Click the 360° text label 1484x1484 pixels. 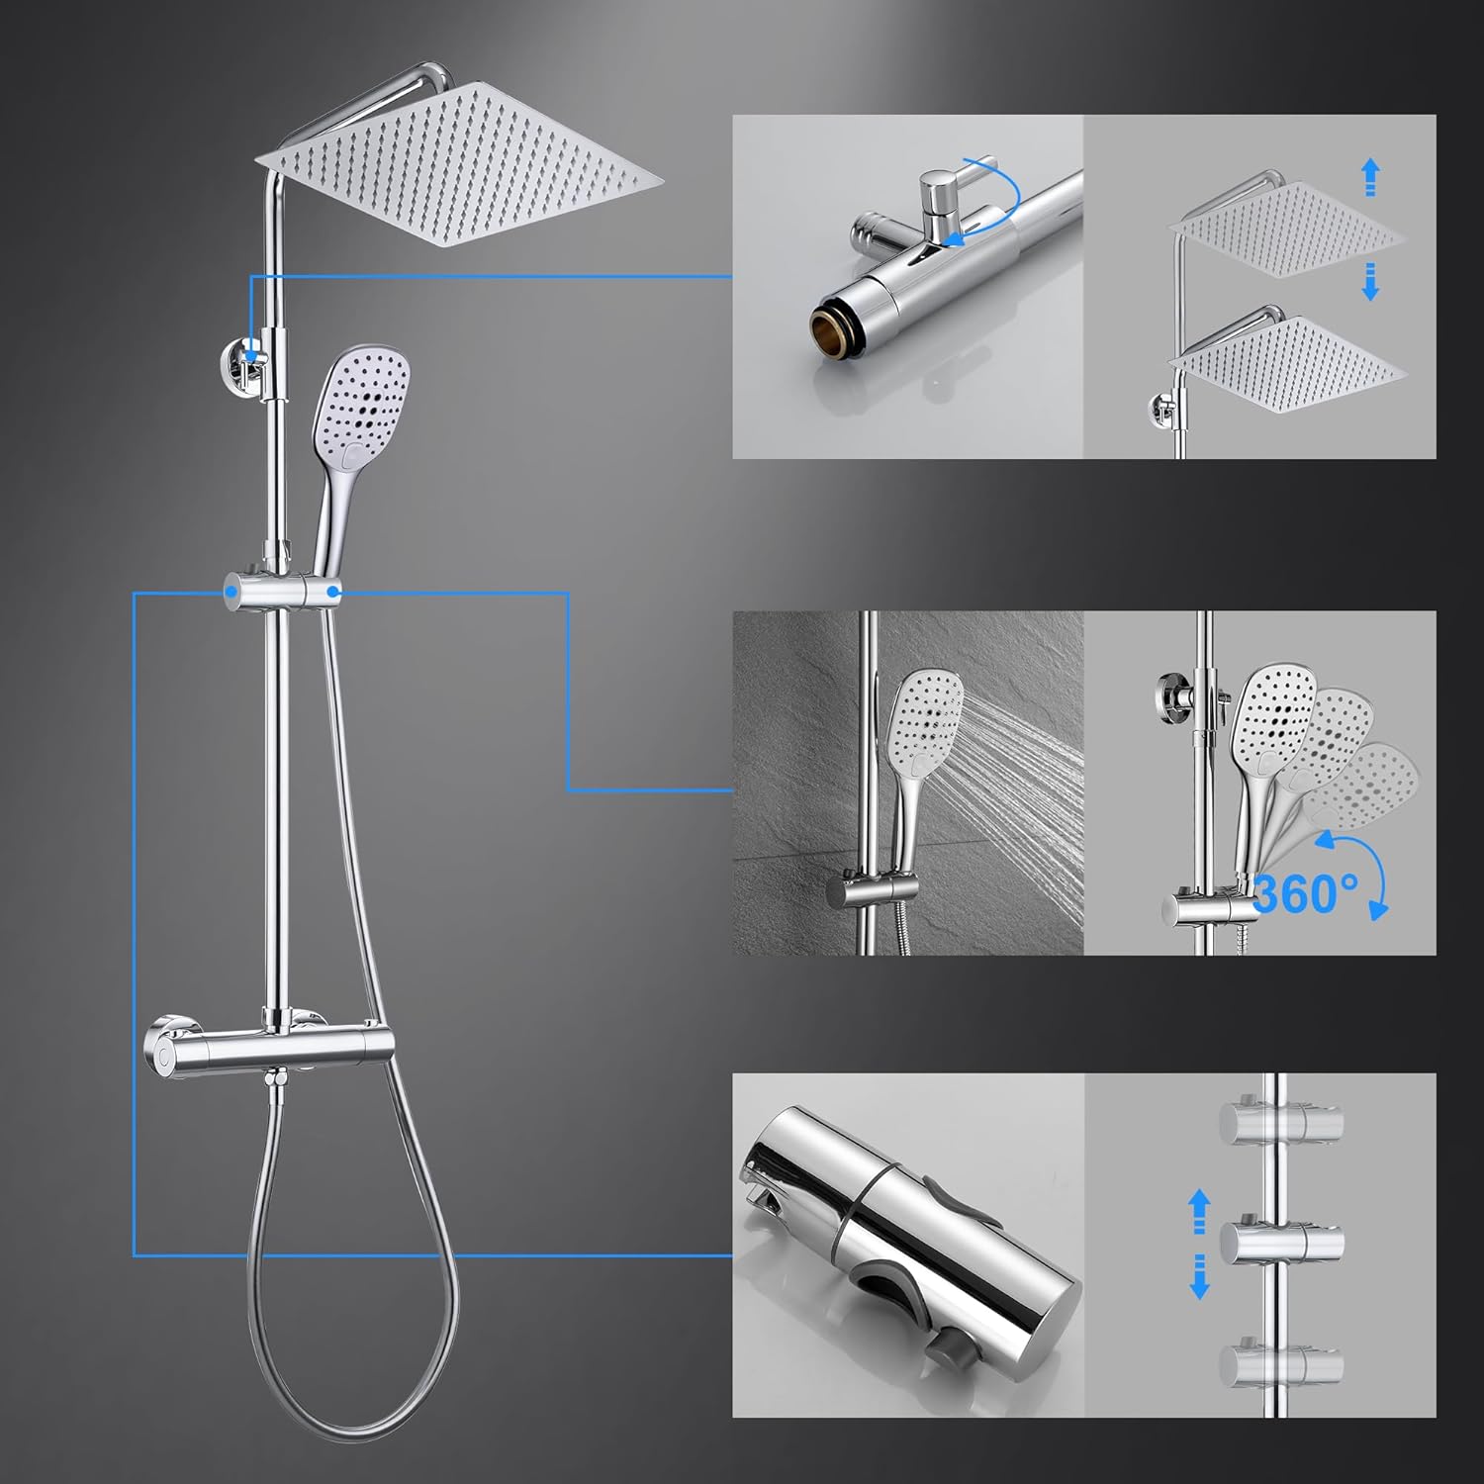click(1305, 893)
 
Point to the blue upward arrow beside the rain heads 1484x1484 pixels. click(1370, 179)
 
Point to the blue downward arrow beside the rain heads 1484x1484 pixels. click(1370, 281)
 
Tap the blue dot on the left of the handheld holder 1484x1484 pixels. click(231, 592)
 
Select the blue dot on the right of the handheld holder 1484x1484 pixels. click(334, 592)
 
